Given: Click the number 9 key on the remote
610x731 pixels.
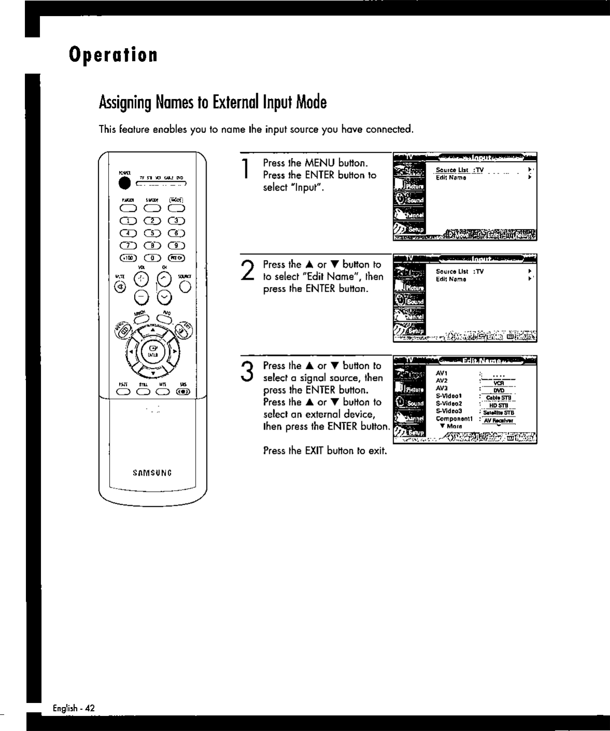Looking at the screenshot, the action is click(176, 246).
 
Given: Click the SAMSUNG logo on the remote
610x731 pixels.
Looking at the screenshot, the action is click(152, 472).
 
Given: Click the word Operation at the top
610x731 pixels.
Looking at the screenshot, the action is click(113, 54).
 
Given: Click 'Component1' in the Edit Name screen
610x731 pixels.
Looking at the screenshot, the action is click(454, 418).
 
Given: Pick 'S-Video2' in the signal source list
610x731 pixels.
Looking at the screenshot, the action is click(448, 403).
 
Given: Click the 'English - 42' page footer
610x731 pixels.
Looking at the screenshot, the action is click(74, 708).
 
